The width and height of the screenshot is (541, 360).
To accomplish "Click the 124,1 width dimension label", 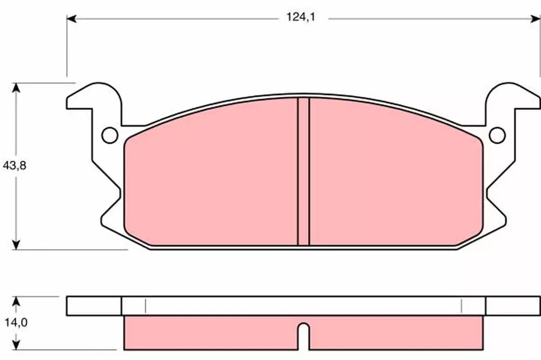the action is pyautogui.click(x=301, y=17).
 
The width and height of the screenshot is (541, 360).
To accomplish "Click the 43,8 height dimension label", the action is pyautogui.click(x=15, y=165).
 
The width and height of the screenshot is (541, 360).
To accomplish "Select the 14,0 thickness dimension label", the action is pyautogui.click(x=16, y=322).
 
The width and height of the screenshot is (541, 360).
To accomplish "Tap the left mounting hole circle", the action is pyautogui.click(x=110, y=135).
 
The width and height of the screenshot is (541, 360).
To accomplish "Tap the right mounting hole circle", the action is pyautogui.click(x=497, y=135).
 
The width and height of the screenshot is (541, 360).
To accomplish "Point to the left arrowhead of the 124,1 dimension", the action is pyautogui.click(x=71, y=18).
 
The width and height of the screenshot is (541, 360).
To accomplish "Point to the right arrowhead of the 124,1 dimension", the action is pyautogui.click(x=535, y=18).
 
